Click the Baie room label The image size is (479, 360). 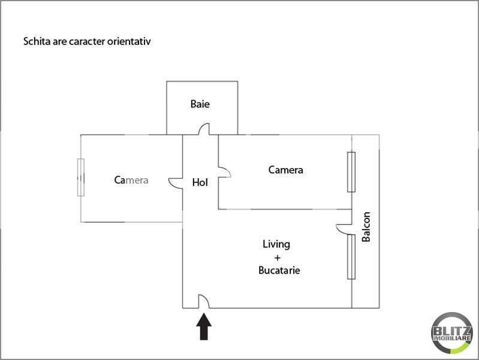click(x=200, y=104)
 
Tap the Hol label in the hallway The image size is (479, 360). click(x=200, y=182)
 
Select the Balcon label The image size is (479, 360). click(x=366, y=227)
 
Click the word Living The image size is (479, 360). click(x=276, y=244)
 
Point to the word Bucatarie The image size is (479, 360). click(x=279, y=270)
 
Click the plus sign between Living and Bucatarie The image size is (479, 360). click(x=278, y=257)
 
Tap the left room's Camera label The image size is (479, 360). click(x=131, y=180)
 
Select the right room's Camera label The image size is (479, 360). click(x=285, y=170)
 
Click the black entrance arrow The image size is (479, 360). click(x=204, y=326)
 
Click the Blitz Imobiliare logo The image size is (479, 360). click(x=452, y=333)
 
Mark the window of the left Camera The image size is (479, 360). click(x=81, y=178)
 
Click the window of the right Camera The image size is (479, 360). click(x=351, y=172)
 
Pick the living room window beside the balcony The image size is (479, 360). click(x=351, y=257)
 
